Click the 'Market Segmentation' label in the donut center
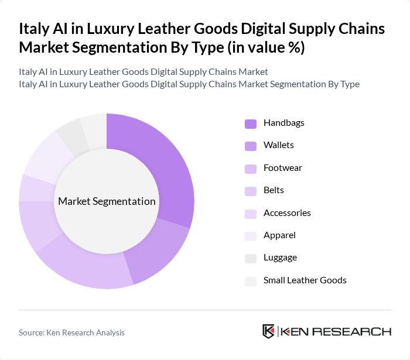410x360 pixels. (107, 201)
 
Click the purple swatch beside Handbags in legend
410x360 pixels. (251, 123)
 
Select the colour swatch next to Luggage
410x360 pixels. (251, 258)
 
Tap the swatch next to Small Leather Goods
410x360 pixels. (251, 280)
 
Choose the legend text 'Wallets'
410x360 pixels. (279, 145)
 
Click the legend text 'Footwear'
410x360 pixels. (283, 168)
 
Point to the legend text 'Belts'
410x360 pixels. (274, 190)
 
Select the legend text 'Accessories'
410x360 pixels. (287, 213)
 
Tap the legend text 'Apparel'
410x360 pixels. (279, 235)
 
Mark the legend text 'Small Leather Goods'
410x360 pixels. (305, 280)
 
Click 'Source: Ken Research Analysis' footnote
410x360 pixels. (71, 332)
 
